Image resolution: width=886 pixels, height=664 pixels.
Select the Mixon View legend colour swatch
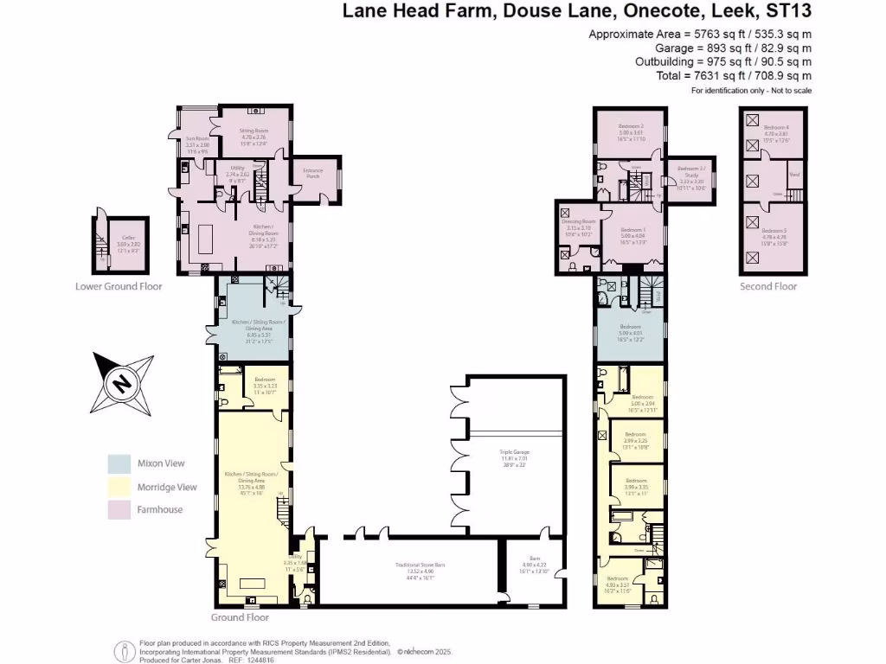tap(119, 463)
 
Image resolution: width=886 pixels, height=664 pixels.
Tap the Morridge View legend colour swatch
tap(119, 487)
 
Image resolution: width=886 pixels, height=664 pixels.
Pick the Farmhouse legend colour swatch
tap(119, 509)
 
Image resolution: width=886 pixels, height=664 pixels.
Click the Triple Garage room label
tap(514, 452)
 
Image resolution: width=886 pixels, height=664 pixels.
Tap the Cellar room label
tap(128, 238)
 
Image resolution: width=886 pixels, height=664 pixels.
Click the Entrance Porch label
tap(312, 171)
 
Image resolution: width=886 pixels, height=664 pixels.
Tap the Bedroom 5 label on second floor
tap(774, 231)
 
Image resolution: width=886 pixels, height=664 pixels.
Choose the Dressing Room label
tap(578, 222)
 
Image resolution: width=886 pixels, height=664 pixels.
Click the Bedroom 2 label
tap(628, 127)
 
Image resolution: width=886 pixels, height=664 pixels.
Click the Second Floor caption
tap(767, 286)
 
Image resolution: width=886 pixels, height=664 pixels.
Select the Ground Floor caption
tap(240, 617)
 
